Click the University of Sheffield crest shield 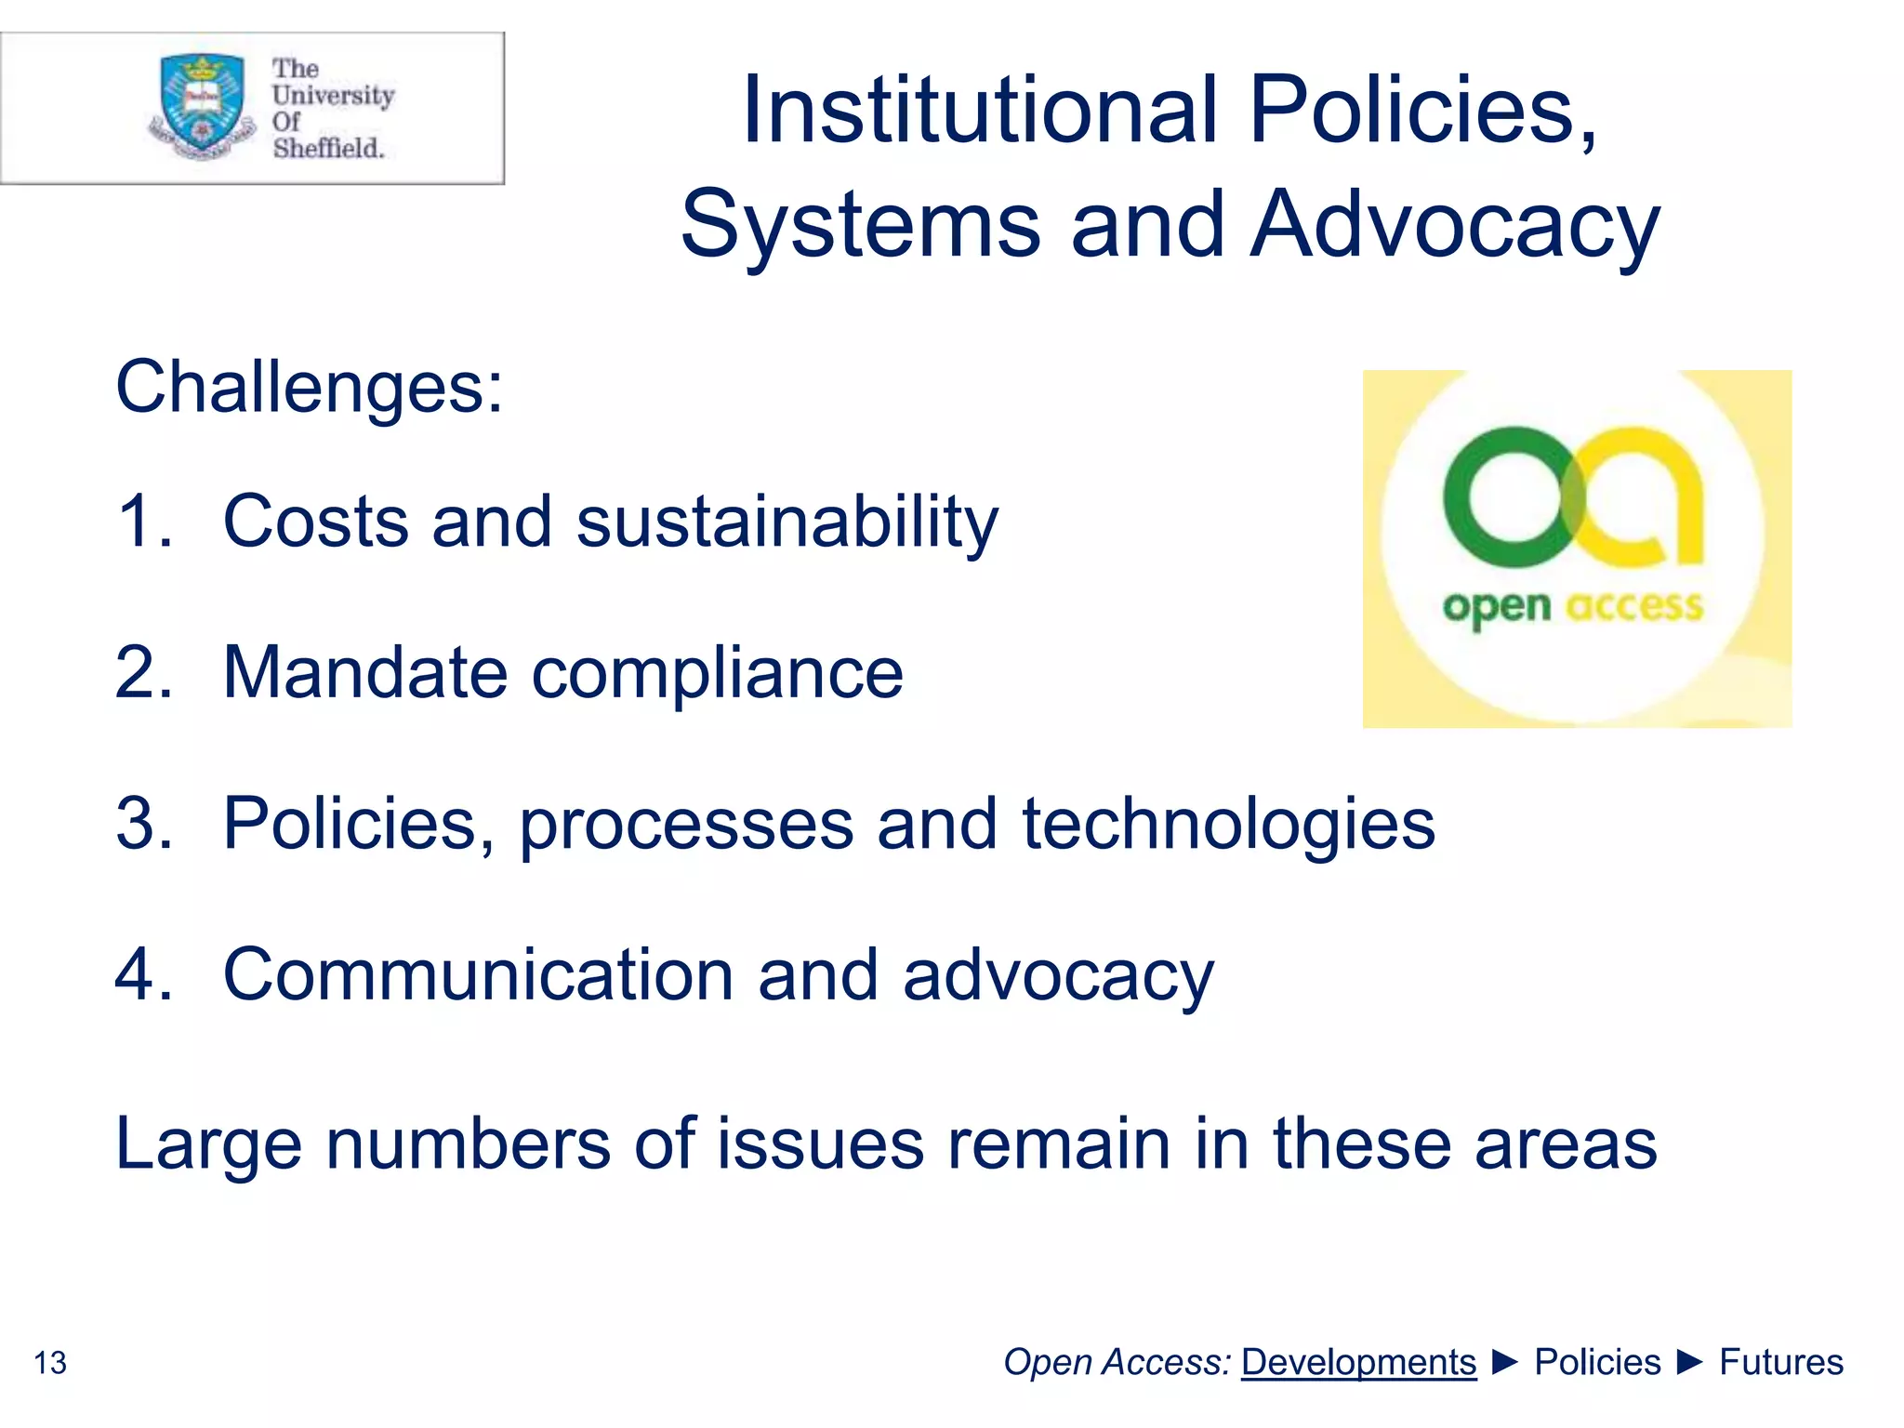click(x=203, y=102)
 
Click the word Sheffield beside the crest click(x=328, y=148)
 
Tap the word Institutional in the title click(x=979, y=111)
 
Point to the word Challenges click(x=309, y=387)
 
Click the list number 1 click(x=143, y=521)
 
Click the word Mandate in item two click(x=364, y=672)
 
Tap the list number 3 click(x=143, y=824)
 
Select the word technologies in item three click(x=1228, y=824)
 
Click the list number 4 click(x=143, y=975)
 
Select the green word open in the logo click(x=1496, y=608)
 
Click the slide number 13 click(x=50, y=1363)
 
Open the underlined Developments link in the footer click(x=1358, y=1362)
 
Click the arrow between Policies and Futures click(x=1690, y=1362)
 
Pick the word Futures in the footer click(x=1780, y=1362)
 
